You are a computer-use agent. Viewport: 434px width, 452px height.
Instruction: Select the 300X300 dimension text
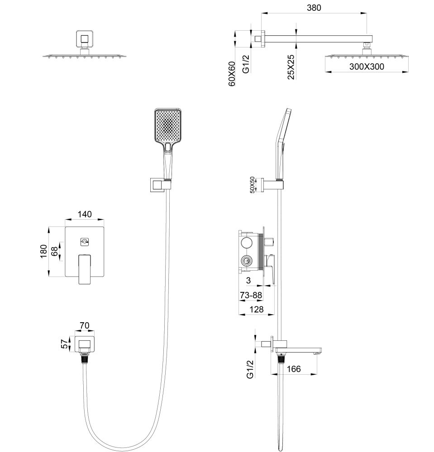click(367, 67)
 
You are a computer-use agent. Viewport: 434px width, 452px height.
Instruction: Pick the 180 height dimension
click(44, 251)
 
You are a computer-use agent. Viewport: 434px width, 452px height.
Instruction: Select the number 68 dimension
click(55, 251)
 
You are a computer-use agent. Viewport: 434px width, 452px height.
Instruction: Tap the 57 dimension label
click(64, 344)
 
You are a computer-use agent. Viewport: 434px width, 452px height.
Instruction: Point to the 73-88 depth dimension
click(250, 295)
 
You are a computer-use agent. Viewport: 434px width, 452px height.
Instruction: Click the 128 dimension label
click(256, 310)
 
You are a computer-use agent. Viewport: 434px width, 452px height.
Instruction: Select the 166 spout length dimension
click(294, 369)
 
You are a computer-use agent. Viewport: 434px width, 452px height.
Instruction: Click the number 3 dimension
click(248, 281)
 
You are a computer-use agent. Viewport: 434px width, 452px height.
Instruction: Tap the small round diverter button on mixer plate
click(84, 242)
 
